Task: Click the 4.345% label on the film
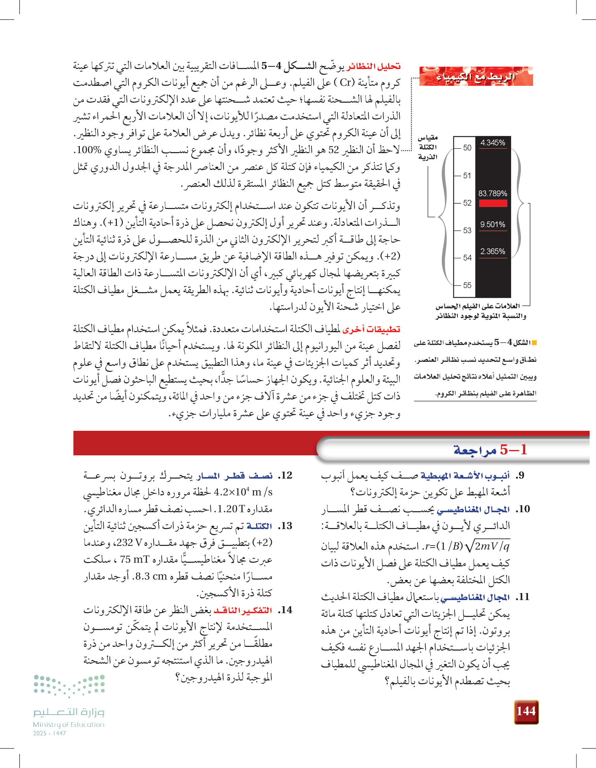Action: coord(493,143)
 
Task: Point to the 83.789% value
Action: coord(493,194)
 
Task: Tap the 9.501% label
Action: coord(493,224)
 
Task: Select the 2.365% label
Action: coord(493,251)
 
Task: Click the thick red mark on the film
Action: coord(493,203)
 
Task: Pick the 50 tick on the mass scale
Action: coord(467,148)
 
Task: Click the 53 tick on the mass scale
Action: coord(467,230)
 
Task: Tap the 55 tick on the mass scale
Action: coord(467,285)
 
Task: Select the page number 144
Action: coord(526,711)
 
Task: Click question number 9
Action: coord(520,476)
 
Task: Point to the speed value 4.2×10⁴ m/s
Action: coord(243,492)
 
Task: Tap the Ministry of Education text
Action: coord(69,725)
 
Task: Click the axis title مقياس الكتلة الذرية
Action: coord(428,147)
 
